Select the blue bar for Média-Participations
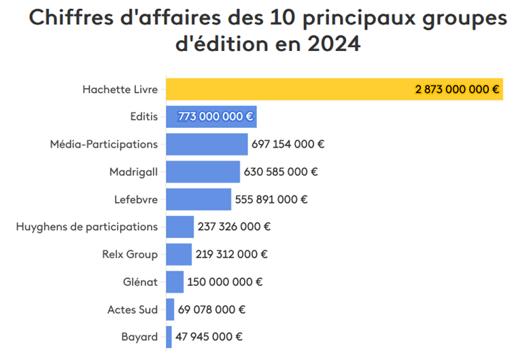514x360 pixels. (x=207, y=144)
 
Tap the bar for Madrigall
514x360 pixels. (x=203, y=172)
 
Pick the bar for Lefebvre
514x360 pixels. (x=199, y=199)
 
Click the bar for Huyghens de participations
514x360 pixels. (x=179, y=227)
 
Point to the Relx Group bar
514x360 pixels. (x=179, y=255)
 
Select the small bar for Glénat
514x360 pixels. (x=175, y=282)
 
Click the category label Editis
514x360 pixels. (x=143, y=117)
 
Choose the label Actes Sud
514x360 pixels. (x=133, y=310)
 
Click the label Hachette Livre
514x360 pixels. (x=120, y=89)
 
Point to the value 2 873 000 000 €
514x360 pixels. (x=457, y=89)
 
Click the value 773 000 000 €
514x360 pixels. (x=216, y=117)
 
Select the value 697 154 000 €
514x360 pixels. (x=288, y=144)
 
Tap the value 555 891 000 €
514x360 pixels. (x=271, y=199)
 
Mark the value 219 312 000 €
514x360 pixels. (x=231, y=255)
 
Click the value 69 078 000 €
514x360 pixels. (x=211, y=310)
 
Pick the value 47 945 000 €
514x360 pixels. (x=209, y=337)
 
